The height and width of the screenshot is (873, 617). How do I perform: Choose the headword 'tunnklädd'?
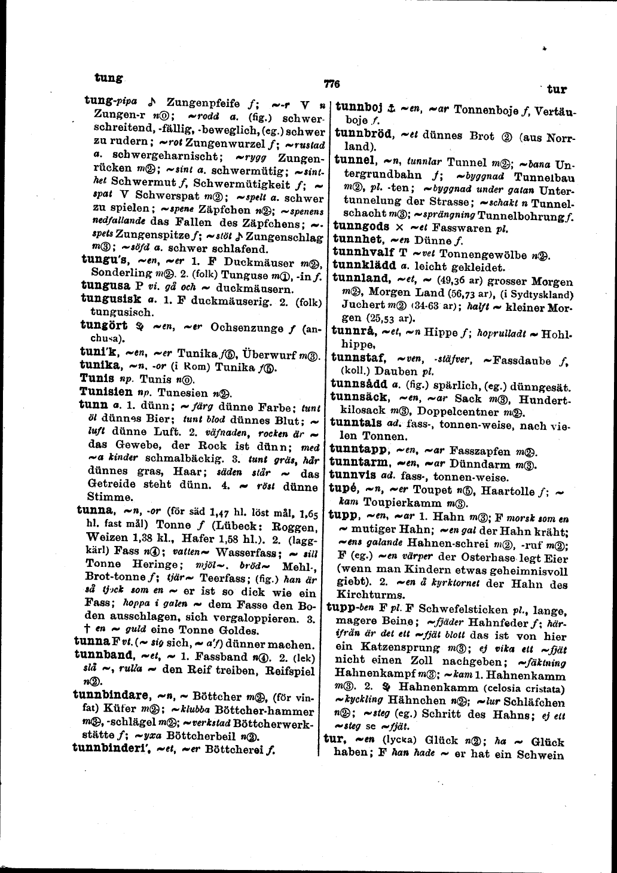pos(363,265)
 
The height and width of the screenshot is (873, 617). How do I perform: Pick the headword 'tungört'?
pos(104,325)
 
